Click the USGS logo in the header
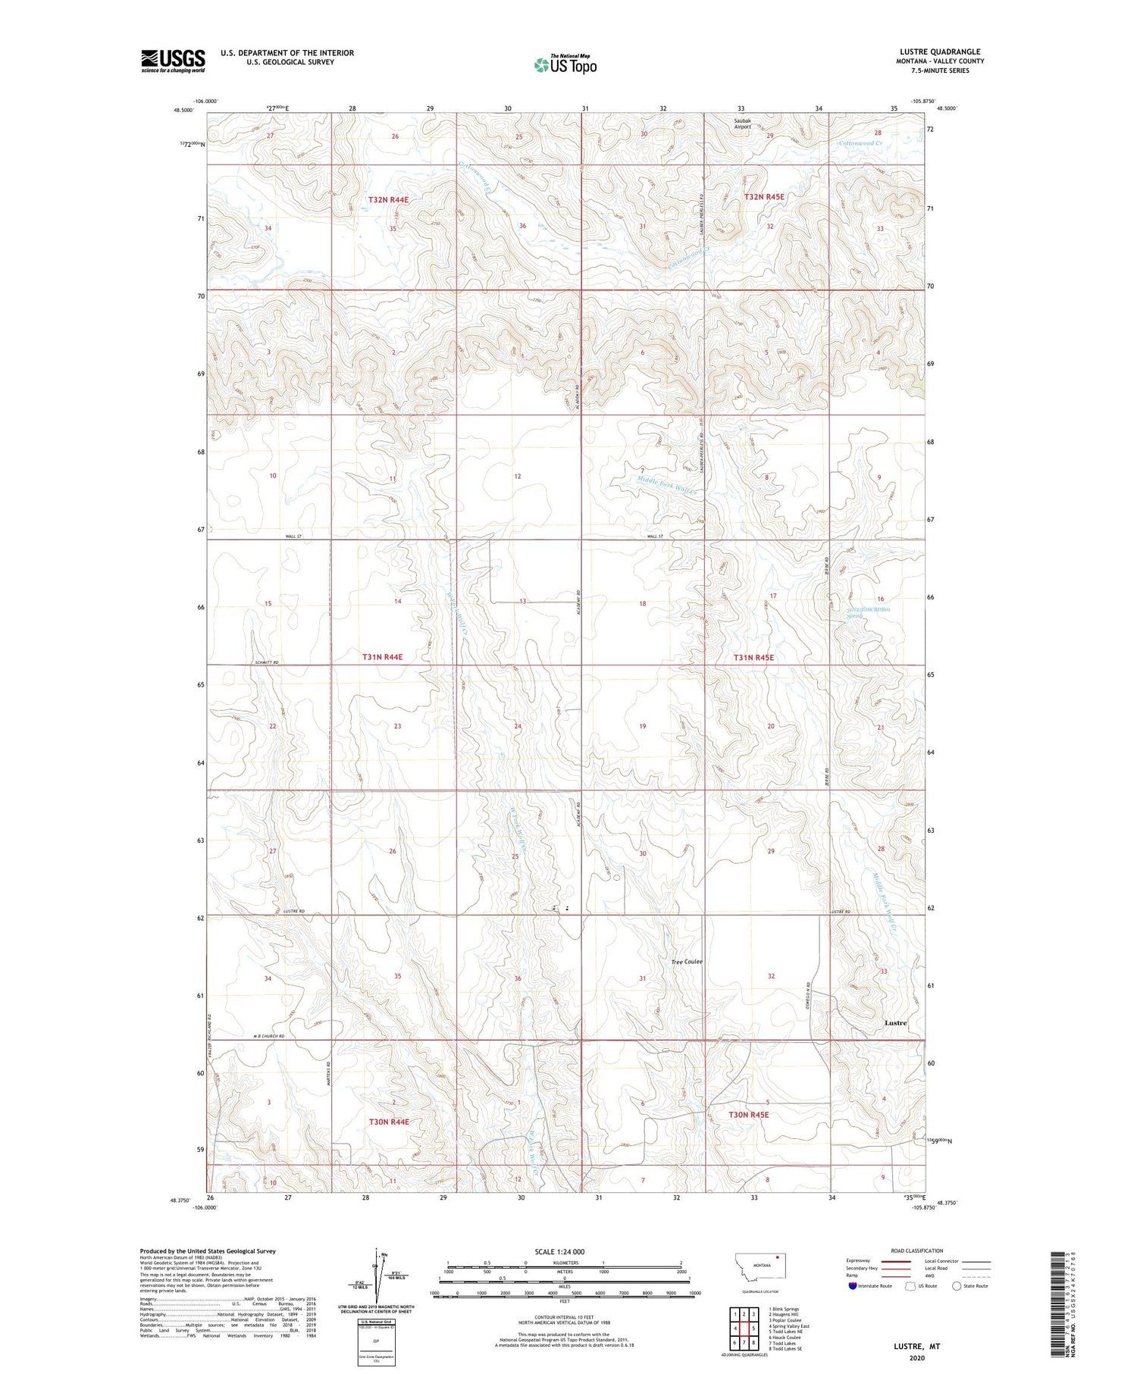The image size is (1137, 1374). coord(173,61)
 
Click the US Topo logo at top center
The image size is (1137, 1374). coord(565,65)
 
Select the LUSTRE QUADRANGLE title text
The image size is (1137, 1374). coord(938,52)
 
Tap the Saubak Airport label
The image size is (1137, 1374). coord(741,124)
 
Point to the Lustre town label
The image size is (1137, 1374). coord(895,1023)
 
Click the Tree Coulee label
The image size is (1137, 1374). coord(687,962)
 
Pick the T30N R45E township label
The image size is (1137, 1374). coord(748,1115)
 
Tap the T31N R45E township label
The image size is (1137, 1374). coord(753,658)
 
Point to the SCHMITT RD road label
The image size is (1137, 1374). coord(265,662)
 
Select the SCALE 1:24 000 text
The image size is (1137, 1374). coord(559,1251)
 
